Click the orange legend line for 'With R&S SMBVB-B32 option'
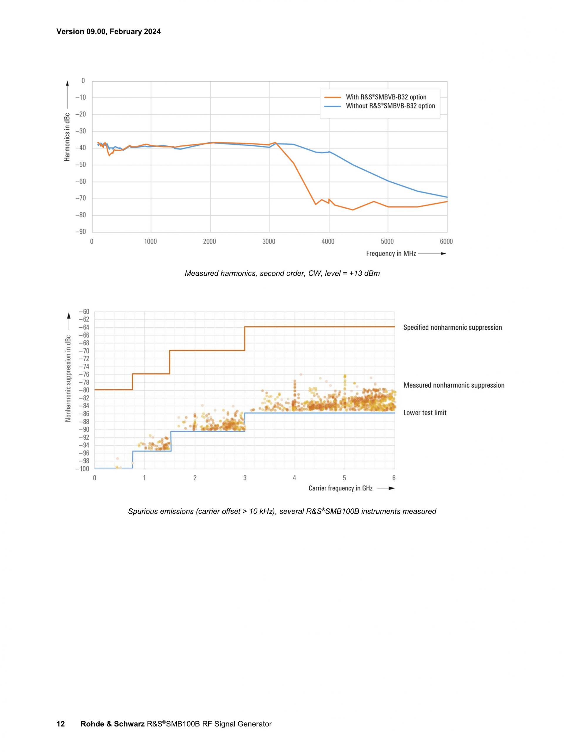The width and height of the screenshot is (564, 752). coord(332,97)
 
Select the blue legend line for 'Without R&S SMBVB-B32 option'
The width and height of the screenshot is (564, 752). coord(332,106)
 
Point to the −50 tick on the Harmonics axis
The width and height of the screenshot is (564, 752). coord(80,165)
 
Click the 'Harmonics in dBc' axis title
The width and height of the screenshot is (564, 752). coord(67,137)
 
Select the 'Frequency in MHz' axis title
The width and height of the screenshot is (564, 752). coord(391,254)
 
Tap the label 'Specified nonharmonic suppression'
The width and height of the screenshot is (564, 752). coord(452,327)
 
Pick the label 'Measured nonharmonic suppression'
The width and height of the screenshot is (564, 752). coord(454,385)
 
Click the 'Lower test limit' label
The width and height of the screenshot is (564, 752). coord(425,413)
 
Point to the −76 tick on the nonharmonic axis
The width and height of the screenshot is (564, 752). coord(84,375)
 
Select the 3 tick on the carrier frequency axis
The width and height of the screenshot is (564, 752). coord(245,478)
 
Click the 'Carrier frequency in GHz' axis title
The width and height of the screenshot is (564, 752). coord(340,488)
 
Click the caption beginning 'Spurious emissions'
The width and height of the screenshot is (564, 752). coord(282,511)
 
